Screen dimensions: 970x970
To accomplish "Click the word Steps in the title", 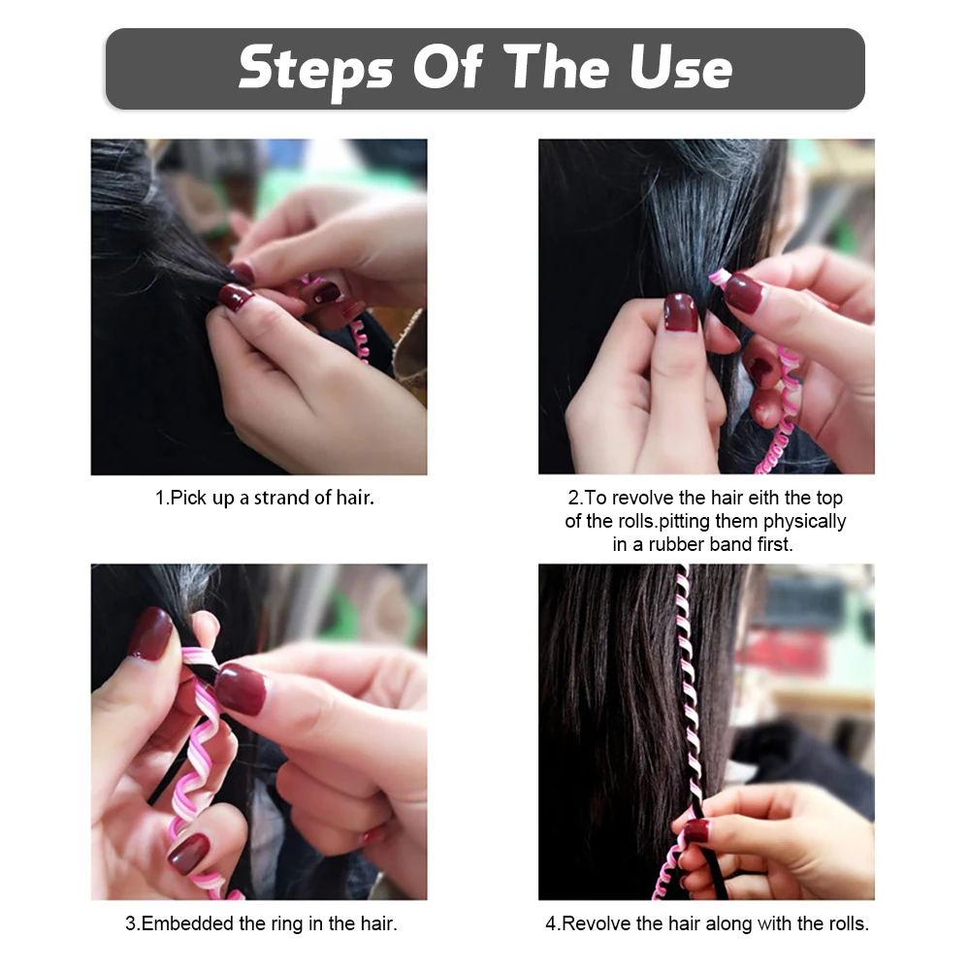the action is (315, 69).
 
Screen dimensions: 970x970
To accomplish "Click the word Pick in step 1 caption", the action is (188, 498).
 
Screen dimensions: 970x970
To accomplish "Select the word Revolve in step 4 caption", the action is (597, 923).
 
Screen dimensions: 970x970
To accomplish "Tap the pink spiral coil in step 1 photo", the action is (360, 339).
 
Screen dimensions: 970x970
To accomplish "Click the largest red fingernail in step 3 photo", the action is (242, 689).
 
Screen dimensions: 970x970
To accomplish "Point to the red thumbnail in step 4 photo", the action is (697, 831).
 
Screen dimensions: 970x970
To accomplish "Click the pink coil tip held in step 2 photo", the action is (717, 277).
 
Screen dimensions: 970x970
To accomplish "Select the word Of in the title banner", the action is (447, 67).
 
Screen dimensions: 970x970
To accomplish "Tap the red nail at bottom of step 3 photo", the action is (189, 854).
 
